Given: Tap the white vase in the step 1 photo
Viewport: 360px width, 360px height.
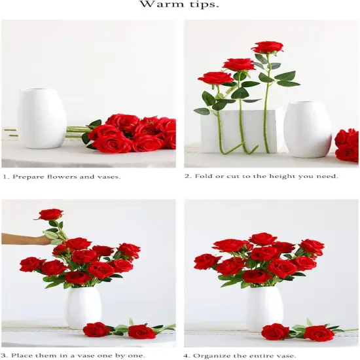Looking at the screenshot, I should (41, 118).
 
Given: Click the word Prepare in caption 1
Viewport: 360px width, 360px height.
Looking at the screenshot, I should (30, 177).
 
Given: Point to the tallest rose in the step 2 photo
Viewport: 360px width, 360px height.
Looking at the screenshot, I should (267, 47).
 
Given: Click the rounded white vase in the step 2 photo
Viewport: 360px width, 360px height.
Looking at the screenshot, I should (307, 130).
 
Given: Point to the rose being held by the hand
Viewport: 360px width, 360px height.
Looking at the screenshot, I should (50, 214).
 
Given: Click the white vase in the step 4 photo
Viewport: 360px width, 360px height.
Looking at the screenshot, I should (264, 308).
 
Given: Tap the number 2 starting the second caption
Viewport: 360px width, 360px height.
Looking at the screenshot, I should (187, 177).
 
